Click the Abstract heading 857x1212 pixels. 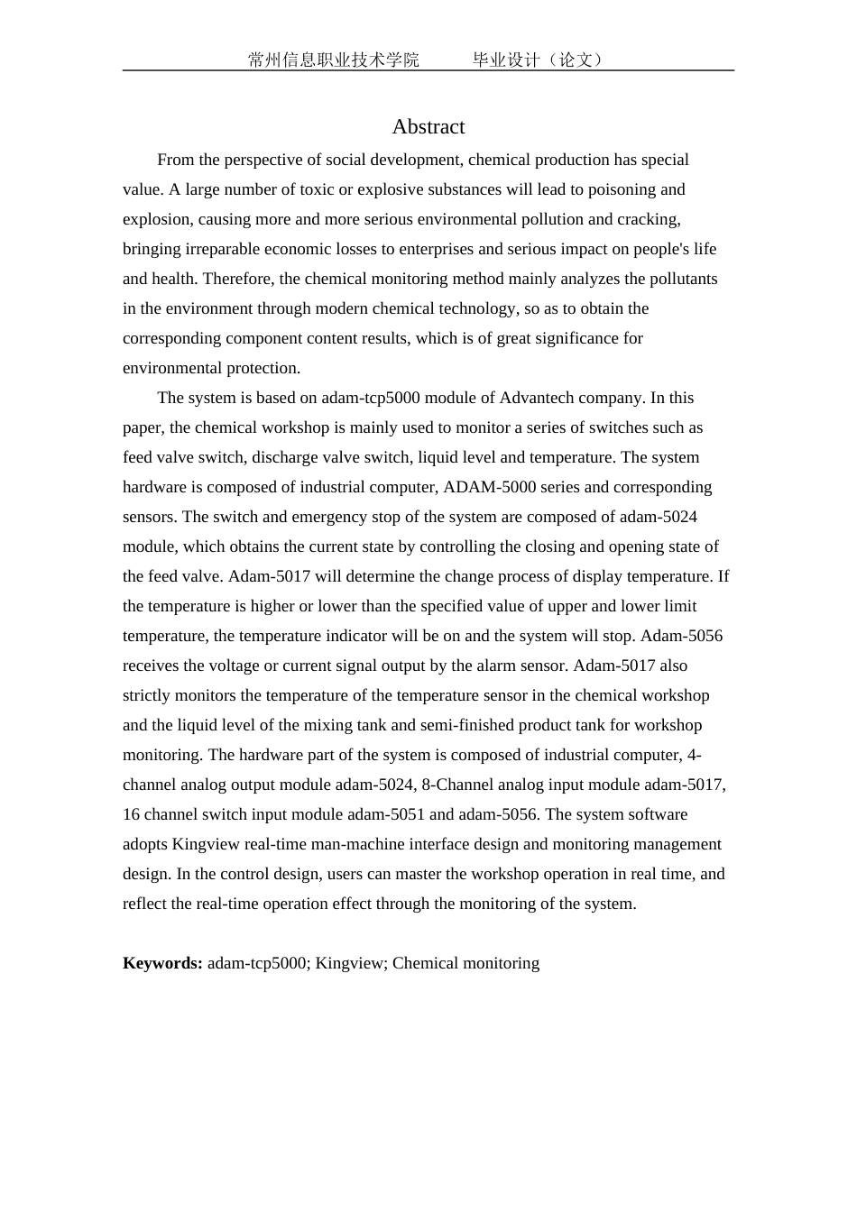pyautogui.click(x=428, y=127)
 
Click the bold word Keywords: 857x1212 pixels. pyautogui.click(x=162, y=963)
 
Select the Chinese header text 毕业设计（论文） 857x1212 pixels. pyautogui.click(x=539, y=60)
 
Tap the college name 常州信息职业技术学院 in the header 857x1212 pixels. pyautogui.click(x=334, y=60)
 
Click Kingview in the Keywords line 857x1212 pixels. pyautogui.click(x=350, y=963)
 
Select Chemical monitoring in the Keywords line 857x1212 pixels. pyautogui.click(x=465, y=963)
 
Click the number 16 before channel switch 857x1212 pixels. pyautogui.click(x=131, y=814)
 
